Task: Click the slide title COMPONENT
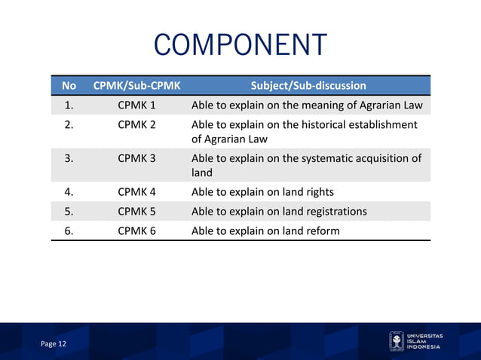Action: pyautogui.click(x=240, y=45)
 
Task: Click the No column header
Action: pyautogui.click(x=69, y=85)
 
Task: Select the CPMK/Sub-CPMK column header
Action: pyautogui.click(x=136, y=85)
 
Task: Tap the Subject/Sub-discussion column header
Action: pyautogui.click(x=308, y=85)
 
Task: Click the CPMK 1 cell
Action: pyautogui.click(x=136, y=105)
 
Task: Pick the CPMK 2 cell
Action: pyautogui.click(x=136, y=124)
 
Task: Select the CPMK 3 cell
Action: pyautogui.click(x=136, y=158)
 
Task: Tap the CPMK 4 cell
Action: pyautogui.click(x=136, y=191)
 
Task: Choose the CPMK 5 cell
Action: pyautogui.click(x=136, y=211)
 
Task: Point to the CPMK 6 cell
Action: pyautogui.click(x=136, y=230)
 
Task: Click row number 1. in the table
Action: pyautogui.click(x=69, y=105)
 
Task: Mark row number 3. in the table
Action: pyautogui.click(x=69, y=158)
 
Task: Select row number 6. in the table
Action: pyautogui.click(x=69, y=230)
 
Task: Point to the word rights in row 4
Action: pyautogui.click(x=317, y=191)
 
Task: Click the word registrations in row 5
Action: pyautogui.click(x=333, y=211)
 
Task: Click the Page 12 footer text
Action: pyautogui.click(x=54, y=343)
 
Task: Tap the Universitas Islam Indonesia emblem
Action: pyautogui.click(x=396, y=341)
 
